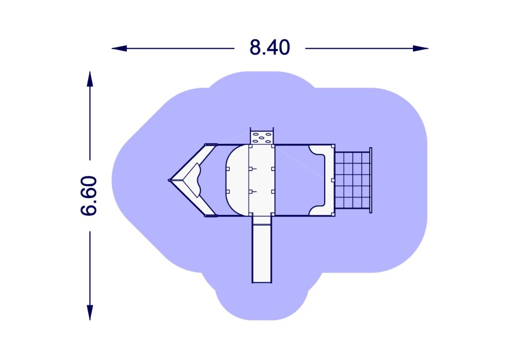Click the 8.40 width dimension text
click(x=269, y=48)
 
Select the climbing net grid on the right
click(x=352, y=180)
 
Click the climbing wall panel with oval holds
click(x=262, y=137)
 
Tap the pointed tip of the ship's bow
click(x=170, y=180)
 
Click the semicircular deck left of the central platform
click(x=237, y=180)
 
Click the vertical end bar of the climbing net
click(x=371, y=180)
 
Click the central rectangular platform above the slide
click(x=262, y=180)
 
